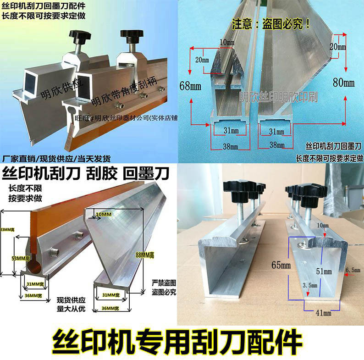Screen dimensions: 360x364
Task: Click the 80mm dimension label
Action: point(343,83)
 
